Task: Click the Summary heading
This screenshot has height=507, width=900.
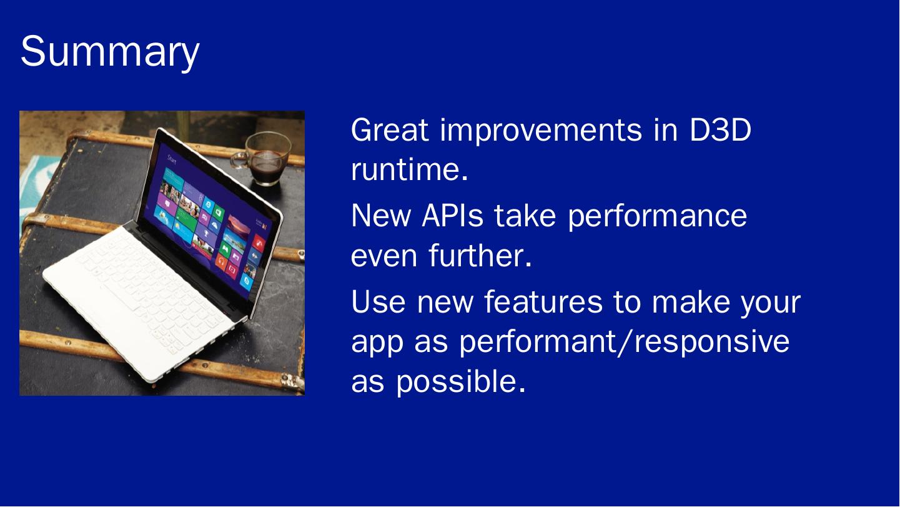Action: (110, 53)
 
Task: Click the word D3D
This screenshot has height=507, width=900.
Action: (720, 130)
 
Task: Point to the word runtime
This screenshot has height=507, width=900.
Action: (410, 169)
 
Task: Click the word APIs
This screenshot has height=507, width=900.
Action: (452, 216)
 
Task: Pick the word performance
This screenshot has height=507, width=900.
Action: (657, 218)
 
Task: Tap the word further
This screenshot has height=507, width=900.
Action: (480, 255)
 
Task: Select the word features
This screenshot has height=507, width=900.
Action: (543, 301)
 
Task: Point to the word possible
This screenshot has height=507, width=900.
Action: (461, 382)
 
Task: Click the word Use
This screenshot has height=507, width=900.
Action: (378, 301)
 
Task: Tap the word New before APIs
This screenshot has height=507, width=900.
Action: (381, 216)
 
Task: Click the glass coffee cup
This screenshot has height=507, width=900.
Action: (263, 158)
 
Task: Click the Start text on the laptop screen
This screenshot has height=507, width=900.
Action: (172, 159)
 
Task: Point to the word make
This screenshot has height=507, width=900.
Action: (691, 301)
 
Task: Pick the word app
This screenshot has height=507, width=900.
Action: (377, 344)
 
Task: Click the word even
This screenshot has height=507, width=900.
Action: (384, 258)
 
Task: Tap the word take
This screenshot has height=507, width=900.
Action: (525, 216)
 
